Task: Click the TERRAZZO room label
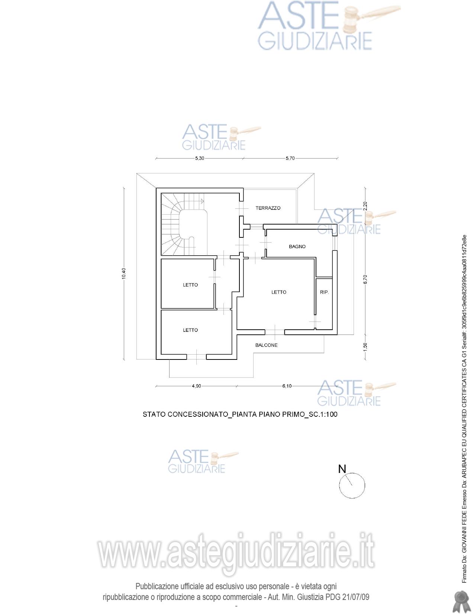point(268,208)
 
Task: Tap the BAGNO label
point(297,246)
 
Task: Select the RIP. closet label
point(325,292)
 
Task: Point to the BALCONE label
point(266,345)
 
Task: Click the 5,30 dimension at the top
point(200,158)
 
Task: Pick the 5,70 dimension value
point(290,158)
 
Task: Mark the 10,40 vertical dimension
point(124,273)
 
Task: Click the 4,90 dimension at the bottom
point(196,386)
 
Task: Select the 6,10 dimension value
point(287,386)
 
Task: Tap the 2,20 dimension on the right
point(365,206)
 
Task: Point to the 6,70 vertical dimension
point(365,279)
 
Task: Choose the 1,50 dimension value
point(365,347)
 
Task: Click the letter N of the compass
point(342,469)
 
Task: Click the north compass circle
point(339,486)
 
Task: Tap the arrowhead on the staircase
point(202,201)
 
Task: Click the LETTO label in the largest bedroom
point(279,292)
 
